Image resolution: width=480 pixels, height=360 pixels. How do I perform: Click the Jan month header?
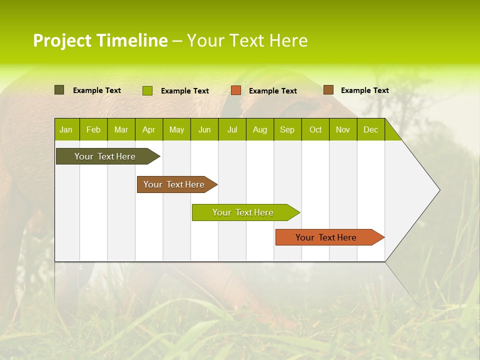tap(66, 129)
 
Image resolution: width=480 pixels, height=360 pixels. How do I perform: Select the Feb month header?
tap(93, 129)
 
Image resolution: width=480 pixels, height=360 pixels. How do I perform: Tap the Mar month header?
tap(121, 129)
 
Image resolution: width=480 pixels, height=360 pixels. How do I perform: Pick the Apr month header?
tap(149, 129)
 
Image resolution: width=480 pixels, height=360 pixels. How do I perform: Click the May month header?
tap(176, 129)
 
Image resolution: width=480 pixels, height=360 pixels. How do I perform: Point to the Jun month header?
tap(204, 129)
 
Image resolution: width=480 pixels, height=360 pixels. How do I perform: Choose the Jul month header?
tap(232, 129)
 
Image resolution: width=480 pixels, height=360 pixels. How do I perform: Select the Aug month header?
tap(260, 129)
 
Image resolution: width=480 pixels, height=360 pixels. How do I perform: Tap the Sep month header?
tap(287, 129)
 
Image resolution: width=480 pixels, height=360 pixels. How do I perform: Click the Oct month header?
tap(315, 129)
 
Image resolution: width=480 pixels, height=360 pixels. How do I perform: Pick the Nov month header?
tap(343, 129)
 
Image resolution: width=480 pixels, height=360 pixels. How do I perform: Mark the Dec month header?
tap(371, 129)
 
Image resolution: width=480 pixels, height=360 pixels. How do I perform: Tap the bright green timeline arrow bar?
tap(243, 212)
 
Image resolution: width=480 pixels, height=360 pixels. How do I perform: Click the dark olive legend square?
tap(59, 90)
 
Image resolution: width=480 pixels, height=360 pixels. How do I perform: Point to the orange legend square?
tap(236, 90)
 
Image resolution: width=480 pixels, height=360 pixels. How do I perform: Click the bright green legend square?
tap(147, 90)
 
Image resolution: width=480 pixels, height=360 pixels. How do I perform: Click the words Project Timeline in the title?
tap(100, 40)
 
